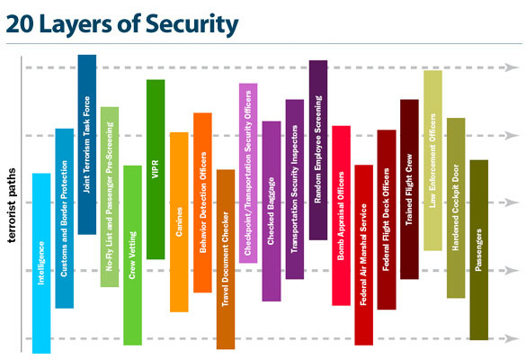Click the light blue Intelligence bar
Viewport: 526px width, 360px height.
(x=41, y=264)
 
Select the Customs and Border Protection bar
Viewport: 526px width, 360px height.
(x=65, y=219)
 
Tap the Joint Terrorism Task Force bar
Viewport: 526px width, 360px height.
(x=87, y=145)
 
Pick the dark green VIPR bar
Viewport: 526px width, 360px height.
(x=156, y=169)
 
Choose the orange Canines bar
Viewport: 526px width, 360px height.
(x=179, y=222)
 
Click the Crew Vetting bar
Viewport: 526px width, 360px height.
(x=132, y=256)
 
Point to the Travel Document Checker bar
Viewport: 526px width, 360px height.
(x=226, y=259)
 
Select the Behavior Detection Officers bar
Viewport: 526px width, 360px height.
(x=202, y=202)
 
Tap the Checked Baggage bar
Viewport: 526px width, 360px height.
(x=272, y=211)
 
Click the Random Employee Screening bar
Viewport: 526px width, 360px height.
(x=318, y=150)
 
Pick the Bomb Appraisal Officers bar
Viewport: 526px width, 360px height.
(x=341, y=216)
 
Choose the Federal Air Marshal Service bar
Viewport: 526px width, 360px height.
(x=363, y=255)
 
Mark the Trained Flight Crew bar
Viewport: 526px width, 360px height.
(x=409, y=189)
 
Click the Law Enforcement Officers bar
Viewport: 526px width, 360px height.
(x=432, y=160)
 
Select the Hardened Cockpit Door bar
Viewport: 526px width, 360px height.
(x=456, y=208)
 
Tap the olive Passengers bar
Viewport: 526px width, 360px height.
(x=478, y=250)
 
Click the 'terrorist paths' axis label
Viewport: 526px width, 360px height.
(x=12, y=205)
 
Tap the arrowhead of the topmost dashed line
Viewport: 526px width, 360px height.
(x=512, y=67)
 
